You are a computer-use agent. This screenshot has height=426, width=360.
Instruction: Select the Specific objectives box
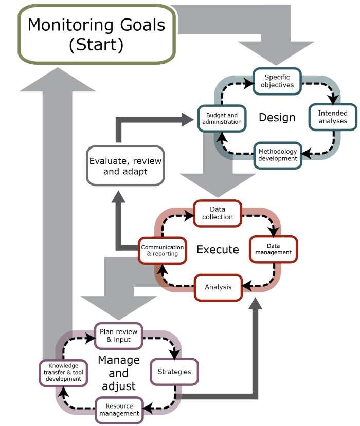pos(277,81)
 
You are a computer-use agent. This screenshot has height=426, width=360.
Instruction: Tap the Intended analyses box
pos(332,117)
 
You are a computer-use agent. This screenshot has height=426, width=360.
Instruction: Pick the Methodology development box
pos(278,155)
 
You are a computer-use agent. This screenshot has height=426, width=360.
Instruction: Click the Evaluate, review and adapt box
pos(125,165)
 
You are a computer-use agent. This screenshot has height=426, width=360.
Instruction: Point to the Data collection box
pos(218,213)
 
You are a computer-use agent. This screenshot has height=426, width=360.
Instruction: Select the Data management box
pos(273,249)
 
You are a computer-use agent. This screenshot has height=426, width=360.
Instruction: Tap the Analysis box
pos(218,287)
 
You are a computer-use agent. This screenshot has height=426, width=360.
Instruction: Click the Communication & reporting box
pos(162,250)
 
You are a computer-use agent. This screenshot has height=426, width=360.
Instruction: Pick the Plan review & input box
pos(118,336)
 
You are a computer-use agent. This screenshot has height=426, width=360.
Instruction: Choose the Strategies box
pos(174,372)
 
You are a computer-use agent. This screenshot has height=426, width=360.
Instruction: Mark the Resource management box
pos(119,409)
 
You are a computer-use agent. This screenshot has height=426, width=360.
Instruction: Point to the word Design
pos(277,118)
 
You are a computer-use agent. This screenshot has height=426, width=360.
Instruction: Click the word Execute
pos(218,250)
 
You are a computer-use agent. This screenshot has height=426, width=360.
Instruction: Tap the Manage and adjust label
pos(119,372)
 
